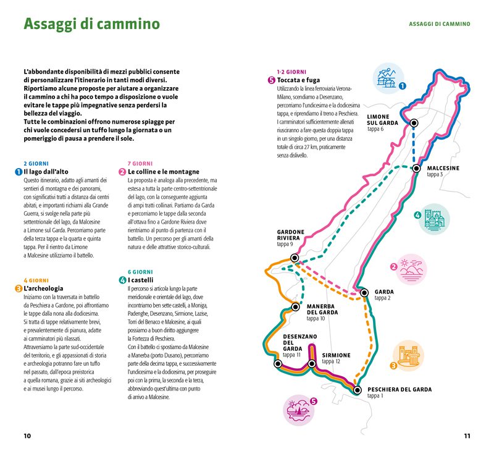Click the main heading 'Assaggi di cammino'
click(91, 24)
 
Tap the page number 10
click(27, 436)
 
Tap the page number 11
click(467, 436)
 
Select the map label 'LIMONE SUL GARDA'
click(387, 119)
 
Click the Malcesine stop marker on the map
click(416, 168)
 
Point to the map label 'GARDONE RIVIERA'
click(288, 235)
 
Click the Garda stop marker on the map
click(364, 292)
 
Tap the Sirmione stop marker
click(312, 363)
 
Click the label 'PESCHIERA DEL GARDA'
click(399, 390)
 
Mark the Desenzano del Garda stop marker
click(278, 364)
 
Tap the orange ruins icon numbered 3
click(408, 356)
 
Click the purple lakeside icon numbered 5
click(299, 411)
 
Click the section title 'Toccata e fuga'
click(298, 80)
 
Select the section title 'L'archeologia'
click(43, 289)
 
